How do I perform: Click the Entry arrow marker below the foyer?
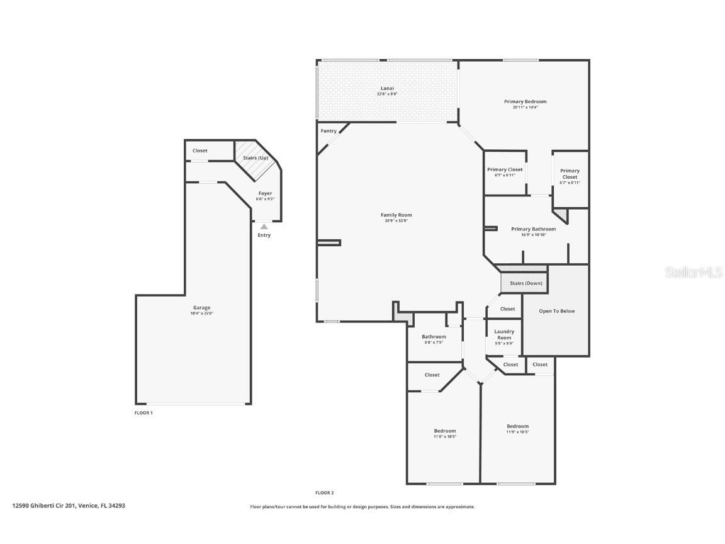(x=264, y=227)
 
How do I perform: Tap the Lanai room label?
(x=387, y=88)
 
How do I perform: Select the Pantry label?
(x=328, y=131)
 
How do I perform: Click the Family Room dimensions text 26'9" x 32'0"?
(x=396, y=220)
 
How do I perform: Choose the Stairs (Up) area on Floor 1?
(x=256, y=157)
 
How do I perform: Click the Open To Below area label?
(x=556, y=311)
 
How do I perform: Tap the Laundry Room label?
(x=504, y=334)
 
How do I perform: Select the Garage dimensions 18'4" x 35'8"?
(x=201, y=314)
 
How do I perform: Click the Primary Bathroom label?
(x=533, y=229)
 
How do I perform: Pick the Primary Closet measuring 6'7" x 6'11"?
(x=504, y=172)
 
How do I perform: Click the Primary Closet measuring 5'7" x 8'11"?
(x=570, y=176)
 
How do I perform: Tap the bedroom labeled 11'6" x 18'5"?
(x=444, y=433)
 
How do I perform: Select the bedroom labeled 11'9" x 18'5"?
(x=517, y=429)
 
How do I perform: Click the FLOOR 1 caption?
(x=143, y=412)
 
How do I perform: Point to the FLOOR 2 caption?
(x=324, y=492)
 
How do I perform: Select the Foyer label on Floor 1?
(x=265, y=193)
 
